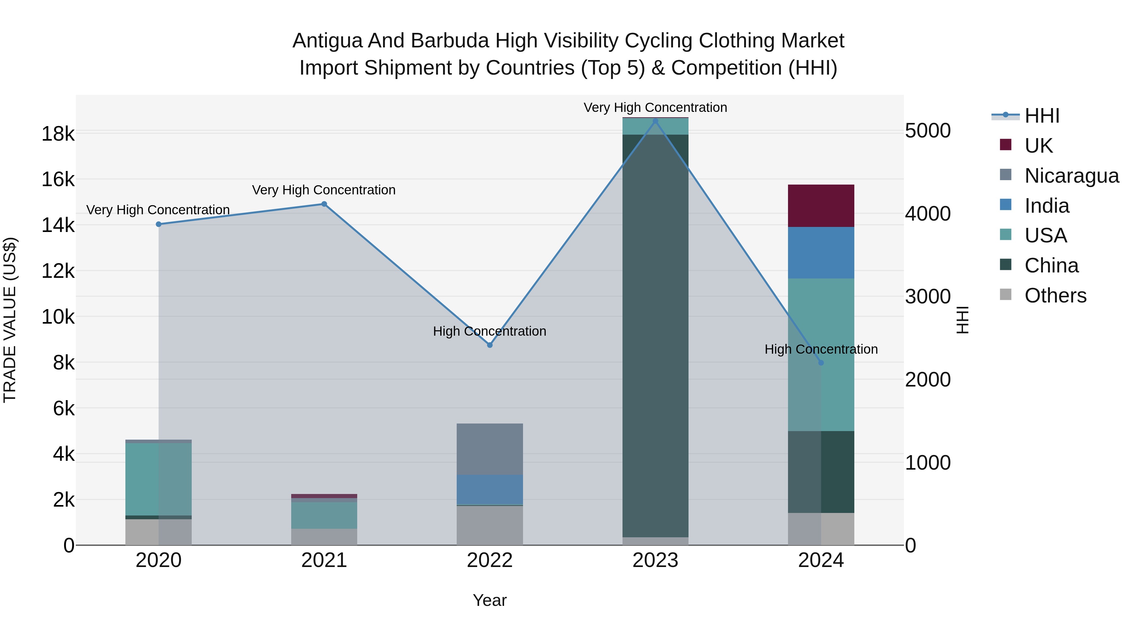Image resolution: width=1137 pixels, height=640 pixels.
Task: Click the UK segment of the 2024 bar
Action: click(821, 206)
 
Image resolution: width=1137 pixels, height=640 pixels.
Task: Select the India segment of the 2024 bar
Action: click(821, 253)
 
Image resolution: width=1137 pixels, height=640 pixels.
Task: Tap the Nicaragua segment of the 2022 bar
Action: click(490, 449)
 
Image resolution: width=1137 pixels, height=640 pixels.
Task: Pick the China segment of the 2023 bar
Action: click(655, 336)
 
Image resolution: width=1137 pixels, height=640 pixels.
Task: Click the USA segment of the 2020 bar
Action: click(159, 479)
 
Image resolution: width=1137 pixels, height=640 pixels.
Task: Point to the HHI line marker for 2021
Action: click(324, 204)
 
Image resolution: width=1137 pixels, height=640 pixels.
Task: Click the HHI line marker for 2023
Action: click(655, 121)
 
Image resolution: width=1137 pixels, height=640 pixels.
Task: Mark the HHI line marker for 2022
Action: click(490, 345)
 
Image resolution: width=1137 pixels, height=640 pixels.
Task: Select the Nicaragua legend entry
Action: click(1071, 176)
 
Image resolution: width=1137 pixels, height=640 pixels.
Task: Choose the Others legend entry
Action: click(1055, 296)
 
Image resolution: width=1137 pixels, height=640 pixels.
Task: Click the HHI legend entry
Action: click(1042, 116)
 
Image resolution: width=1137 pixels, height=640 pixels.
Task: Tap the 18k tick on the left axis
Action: click(58, 134)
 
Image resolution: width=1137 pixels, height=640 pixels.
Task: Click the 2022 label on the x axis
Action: click(490, 560)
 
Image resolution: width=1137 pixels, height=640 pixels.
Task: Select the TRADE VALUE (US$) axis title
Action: click(10, 320)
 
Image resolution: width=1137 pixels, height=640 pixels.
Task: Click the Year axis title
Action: click(490, 600)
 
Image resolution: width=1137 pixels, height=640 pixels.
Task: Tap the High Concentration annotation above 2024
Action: click(821, 349)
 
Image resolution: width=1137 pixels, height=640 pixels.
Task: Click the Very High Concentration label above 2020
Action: click(158, 210)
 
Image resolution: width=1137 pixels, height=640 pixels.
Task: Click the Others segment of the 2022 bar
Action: click(490, 525)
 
